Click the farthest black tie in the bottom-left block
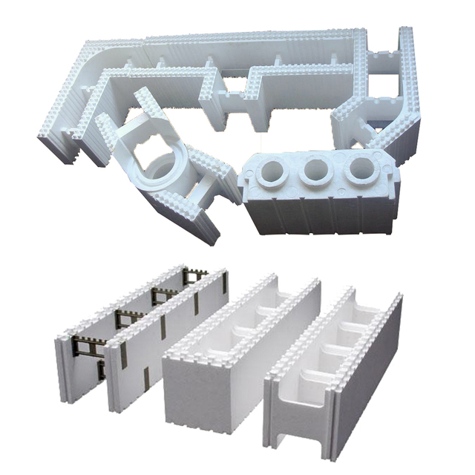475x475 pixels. point(194,277)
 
